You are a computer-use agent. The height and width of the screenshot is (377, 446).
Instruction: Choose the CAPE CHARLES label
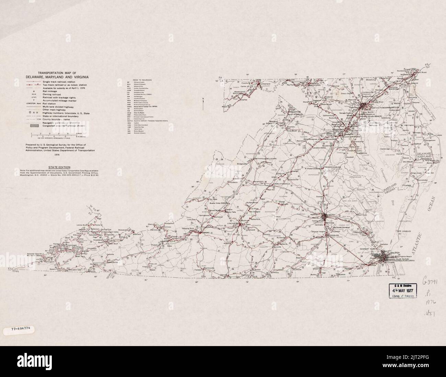pyautogui.click(x=404, y=232)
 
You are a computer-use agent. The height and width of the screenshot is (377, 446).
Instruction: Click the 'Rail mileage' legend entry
pyautogui.click(x=51, y=91)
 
